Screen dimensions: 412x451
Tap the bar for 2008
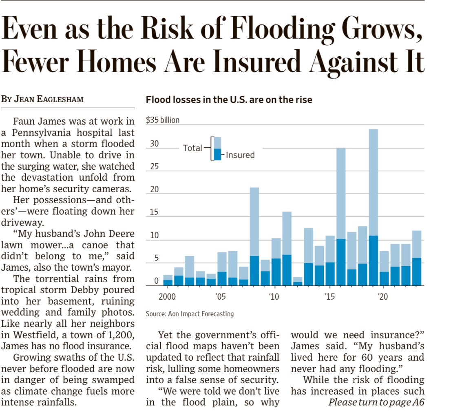254,236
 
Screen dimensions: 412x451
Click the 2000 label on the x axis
167,296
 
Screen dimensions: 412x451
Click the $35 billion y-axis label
163,120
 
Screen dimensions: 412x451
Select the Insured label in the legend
240,155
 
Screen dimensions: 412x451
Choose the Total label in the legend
192,148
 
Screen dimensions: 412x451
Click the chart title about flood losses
229,100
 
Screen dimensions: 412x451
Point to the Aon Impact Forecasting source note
190,314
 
